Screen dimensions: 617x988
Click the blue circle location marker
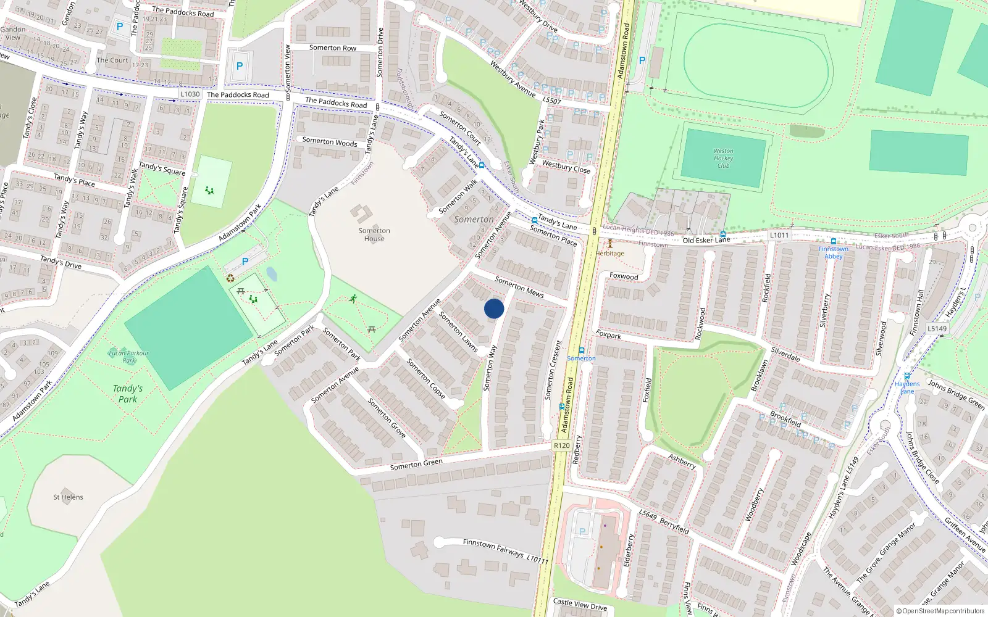click(494, 308)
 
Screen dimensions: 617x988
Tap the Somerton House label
click(374, 234)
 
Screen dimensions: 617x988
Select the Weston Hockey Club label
click(723, 159)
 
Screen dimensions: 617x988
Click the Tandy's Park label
click(128, 394)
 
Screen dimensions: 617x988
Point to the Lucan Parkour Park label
click(128, 357)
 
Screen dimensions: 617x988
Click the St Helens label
click(68, 497)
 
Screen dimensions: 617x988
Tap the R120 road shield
click(561, 445)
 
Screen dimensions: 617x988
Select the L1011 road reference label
click(779, 235)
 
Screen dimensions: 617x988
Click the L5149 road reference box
click(937, 328)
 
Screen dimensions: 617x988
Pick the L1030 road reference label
click(190, 94)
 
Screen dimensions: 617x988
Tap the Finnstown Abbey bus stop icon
click(834, 241)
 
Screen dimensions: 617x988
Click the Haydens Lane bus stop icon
click(907, 376)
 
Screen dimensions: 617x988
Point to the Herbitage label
click(610, 254)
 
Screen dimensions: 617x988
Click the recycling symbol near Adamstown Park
click(230, 278)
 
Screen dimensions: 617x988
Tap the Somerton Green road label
click(416, 465)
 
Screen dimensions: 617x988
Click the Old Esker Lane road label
click(706, 240)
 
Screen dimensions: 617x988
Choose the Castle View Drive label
click(580, 605)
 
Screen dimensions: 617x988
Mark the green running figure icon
click(353, 299)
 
